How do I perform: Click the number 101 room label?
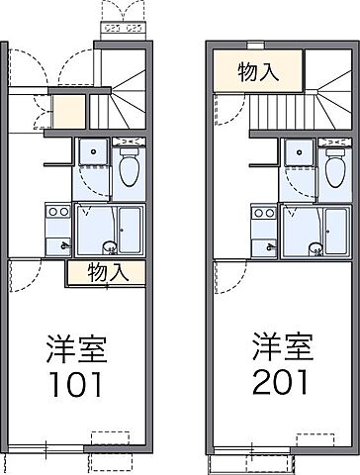pyautogui.click(x=77, y=383)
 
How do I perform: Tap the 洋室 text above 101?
pyautogui.click(x=77, y=349)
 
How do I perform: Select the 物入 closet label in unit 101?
pyautogui.click(x=106, y=273)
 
